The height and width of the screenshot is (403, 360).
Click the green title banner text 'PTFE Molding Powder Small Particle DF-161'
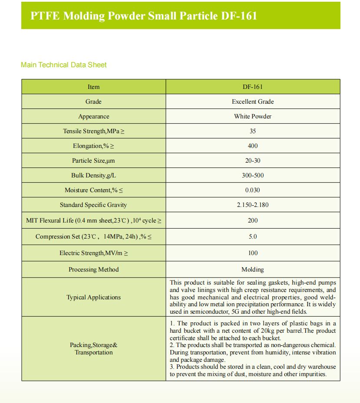pyautogui.click(x=144, y=16)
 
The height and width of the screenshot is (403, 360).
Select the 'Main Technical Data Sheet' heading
pyautogui.click(x=64, y=65)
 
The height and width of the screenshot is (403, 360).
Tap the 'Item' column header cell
pyautogui.click(x=93, y=87)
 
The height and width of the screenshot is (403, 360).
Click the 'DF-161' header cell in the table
pyautogui.click(x=253, y=87)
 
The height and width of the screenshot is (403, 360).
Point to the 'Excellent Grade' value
pyautogui.click(x=253, y=102)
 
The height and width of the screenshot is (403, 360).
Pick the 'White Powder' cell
pyautogui.click(x=253, y=116)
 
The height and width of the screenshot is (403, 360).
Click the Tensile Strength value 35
pyautogui.click(x=253, y=131)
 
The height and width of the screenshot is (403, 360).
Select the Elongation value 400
pyautogui.click(x=253, y=146)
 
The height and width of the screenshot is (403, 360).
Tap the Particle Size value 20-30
pyautogui.click(x=253, y=161)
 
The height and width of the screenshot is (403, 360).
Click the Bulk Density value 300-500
pyautogui.click(x=253, y=175)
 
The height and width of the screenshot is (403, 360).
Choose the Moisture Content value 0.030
pyautogui.click(x=253, y=190)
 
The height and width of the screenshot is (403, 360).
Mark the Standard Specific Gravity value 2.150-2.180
pyautogui.click(x=253, y=205)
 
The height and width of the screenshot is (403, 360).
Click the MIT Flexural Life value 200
pyautogui.click(x=253, y=220)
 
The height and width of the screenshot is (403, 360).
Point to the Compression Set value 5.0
pyautogui.click(x=253, y=236)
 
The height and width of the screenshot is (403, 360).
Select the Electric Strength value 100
pyautogui.click(x=253, y=253)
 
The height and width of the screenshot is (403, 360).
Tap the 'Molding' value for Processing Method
pyautogui.click(x=253, y=269)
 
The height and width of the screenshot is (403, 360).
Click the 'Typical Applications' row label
pyautogui.click(x=93, y=297)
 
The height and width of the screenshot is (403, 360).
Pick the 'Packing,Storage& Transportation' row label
pyautogui.click(x=93, y=349)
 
